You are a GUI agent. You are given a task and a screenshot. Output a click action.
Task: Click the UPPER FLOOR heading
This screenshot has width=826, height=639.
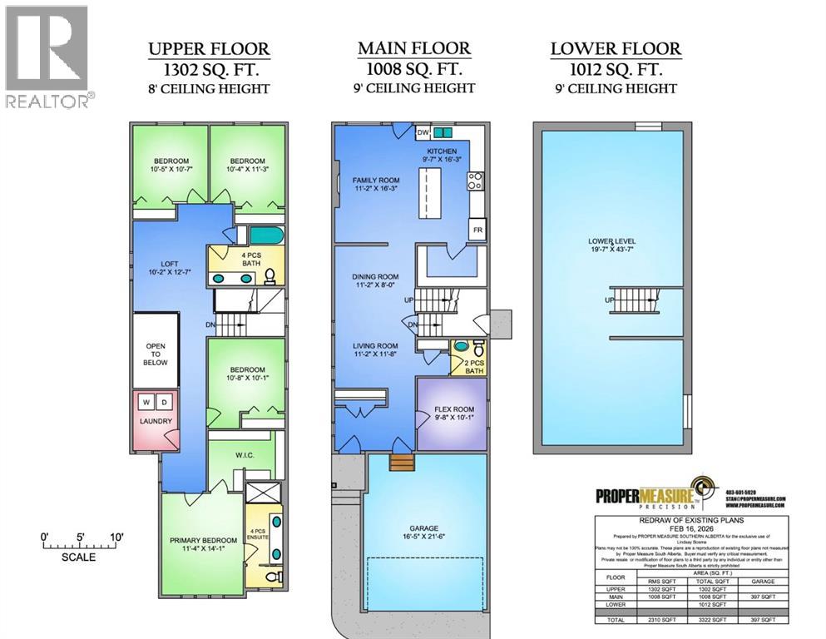point(209,48)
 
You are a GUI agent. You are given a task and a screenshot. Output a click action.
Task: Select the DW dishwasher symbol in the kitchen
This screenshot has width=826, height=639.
point(423,132)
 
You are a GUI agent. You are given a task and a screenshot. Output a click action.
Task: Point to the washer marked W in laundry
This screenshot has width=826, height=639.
point(146,403)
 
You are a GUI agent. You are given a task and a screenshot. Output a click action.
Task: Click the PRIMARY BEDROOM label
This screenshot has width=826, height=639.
point(200,543)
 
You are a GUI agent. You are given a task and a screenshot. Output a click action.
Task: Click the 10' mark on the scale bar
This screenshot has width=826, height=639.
point(116,537)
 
